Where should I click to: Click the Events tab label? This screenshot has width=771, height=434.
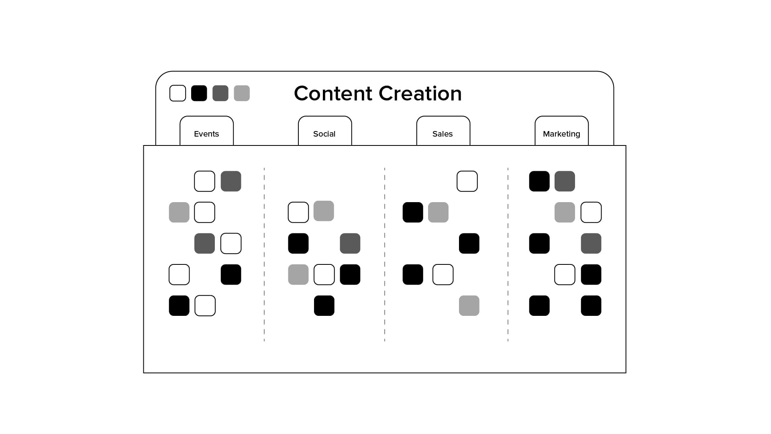coord(206,134)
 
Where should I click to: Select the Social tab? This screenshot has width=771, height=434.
coord(324,134)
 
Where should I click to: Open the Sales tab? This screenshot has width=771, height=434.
coord(443,134)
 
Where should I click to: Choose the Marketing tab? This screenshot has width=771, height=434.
coord(561,134)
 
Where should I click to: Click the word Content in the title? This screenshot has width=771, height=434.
coord(333,94)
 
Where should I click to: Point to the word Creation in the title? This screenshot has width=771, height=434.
coord(420,94)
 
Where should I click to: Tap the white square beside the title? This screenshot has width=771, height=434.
coord(177,93)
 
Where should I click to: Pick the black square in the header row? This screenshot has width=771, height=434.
coord(199,93)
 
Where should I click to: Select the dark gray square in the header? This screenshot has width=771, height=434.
coord(220,93)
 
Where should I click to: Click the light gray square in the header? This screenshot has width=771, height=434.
coord(242,93)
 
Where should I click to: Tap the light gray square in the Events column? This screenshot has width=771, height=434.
coord(179,212)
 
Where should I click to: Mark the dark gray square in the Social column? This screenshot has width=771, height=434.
coord(350,244)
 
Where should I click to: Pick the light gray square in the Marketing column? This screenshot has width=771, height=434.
coord(565,212)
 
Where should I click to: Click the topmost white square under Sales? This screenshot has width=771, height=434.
coord(467,181)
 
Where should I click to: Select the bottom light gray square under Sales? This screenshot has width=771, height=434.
coord(469,306)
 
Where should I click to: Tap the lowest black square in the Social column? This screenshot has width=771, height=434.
coord(324,306)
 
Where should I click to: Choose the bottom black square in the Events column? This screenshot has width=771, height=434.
coord(179,306)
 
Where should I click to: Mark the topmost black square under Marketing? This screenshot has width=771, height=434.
coord(539,181)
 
